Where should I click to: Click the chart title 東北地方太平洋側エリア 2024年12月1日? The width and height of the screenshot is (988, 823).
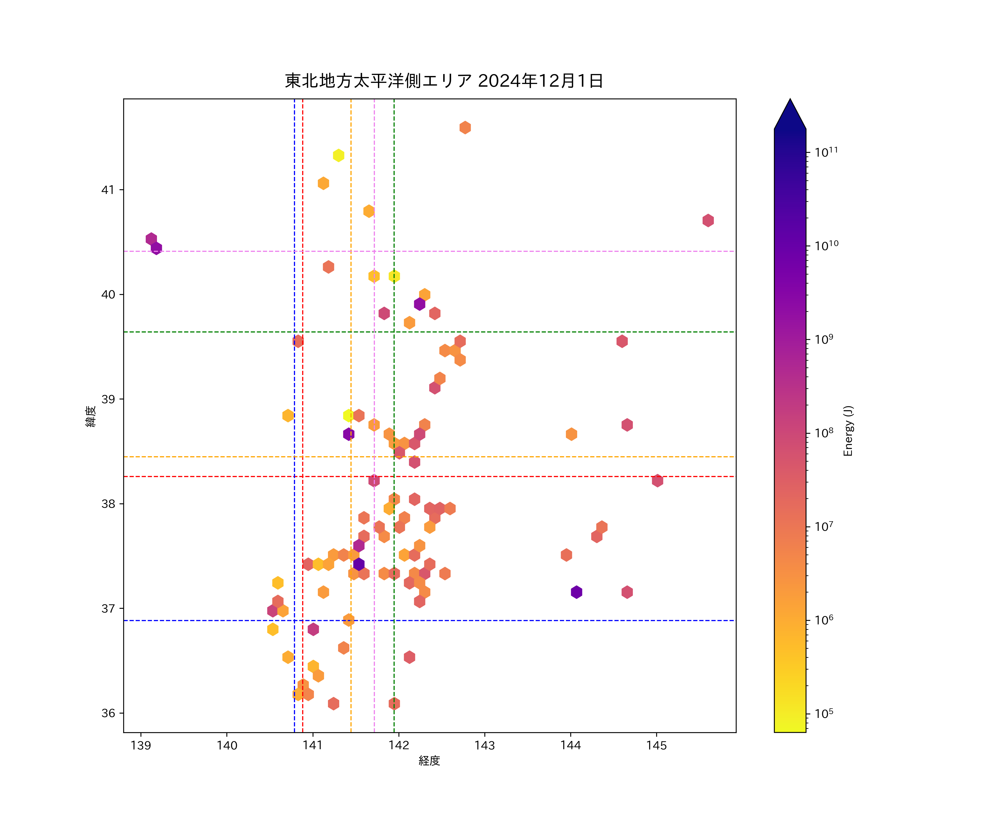pos(444,81)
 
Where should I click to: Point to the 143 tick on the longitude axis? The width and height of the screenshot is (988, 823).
pos(485,745)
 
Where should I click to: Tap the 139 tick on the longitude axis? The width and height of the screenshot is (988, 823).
pos(141,745)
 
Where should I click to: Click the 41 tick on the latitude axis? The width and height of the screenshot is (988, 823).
pos(108,190)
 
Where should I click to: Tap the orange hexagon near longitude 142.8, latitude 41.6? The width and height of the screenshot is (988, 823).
pos(465,128)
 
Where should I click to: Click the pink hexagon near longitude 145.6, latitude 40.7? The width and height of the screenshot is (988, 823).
pos(708,220)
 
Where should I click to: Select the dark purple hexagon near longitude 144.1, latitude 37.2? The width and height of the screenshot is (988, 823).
pos(576,592)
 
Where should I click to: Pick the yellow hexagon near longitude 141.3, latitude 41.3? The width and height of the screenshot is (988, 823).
pos(338,155)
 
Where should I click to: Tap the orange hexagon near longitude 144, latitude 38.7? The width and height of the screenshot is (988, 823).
pos(571,434)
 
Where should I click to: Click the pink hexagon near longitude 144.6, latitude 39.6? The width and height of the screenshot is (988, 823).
pos(622,341)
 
